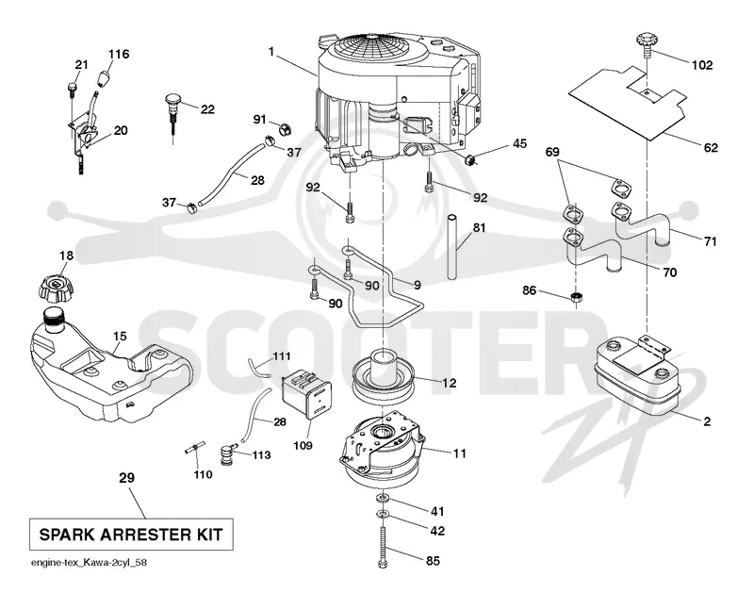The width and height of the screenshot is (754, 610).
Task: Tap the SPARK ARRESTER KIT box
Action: pos(131,535)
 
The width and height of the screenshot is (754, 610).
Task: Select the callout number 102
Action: pos(702,65)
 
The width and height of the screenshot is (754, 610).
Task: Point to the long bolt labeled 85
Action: pos(383,548)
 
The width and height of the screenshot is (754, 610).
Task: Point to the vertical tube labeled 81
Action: pos(452,247)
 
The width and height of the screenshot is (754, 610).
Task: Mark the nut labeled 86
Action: pos(576,297)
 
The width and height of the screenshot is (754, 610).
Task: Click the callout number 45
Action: pos(519,143)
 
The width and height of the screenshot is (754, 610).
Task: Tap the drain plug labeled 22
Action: pos(172,114)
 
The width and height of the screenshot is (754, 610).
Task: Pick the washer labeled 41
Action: pos(383,497)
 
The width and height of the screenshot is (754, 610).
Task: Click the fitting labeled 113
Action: pos(225,454)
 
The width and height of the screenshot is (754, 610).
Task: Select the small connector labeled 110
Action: pos(195,450)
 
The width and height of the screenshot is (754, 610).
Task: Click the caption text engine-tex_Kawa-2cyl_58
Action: pos(89,562)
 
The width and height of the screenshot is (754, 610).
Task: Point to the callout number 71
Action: pos(711,241)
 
